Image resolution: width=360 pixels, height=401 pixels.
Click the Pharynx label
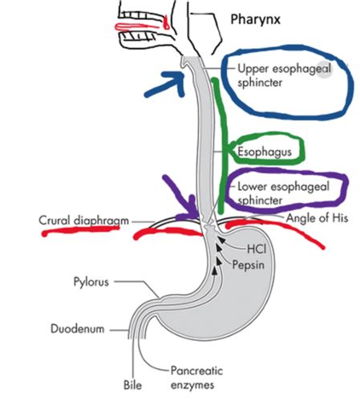coord(255,19)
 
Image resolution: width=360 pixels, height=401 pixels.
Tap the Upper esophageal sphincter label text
coord(284,75)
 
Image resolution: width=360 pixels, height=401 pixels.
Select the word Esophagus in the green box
coord(265,152)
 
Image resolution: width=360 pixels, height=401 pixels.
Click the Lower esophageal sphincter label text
coord(283,193)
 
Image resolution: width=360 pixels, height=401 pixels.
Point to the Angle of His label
coord(318,218)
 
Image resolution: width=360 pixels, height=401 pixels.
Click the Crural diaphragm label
coord(83,221)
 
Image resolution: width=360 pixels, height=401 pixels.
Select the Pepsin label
coord(249,265)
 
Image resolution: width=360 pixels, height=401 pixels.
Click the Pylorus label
coord(91,282)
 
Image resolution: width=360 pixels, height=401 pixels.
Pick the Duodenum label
coord(78,329)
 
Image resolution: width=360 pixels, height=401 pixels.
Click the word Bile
coord(133,385)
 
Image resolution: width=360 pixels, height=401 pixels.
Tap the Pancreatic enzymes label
coord(196,378)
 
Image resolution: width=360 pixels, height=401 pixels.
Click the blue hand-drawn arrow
coord(166,84)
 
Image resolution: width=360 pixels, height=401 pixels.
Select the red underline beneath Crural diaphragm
coord(80,230)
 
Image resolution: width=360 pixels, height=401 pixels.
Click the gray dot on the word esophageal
coord(324,70)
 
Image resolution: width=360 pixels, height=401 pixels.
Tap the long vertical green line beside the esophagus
coord(223,146)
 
